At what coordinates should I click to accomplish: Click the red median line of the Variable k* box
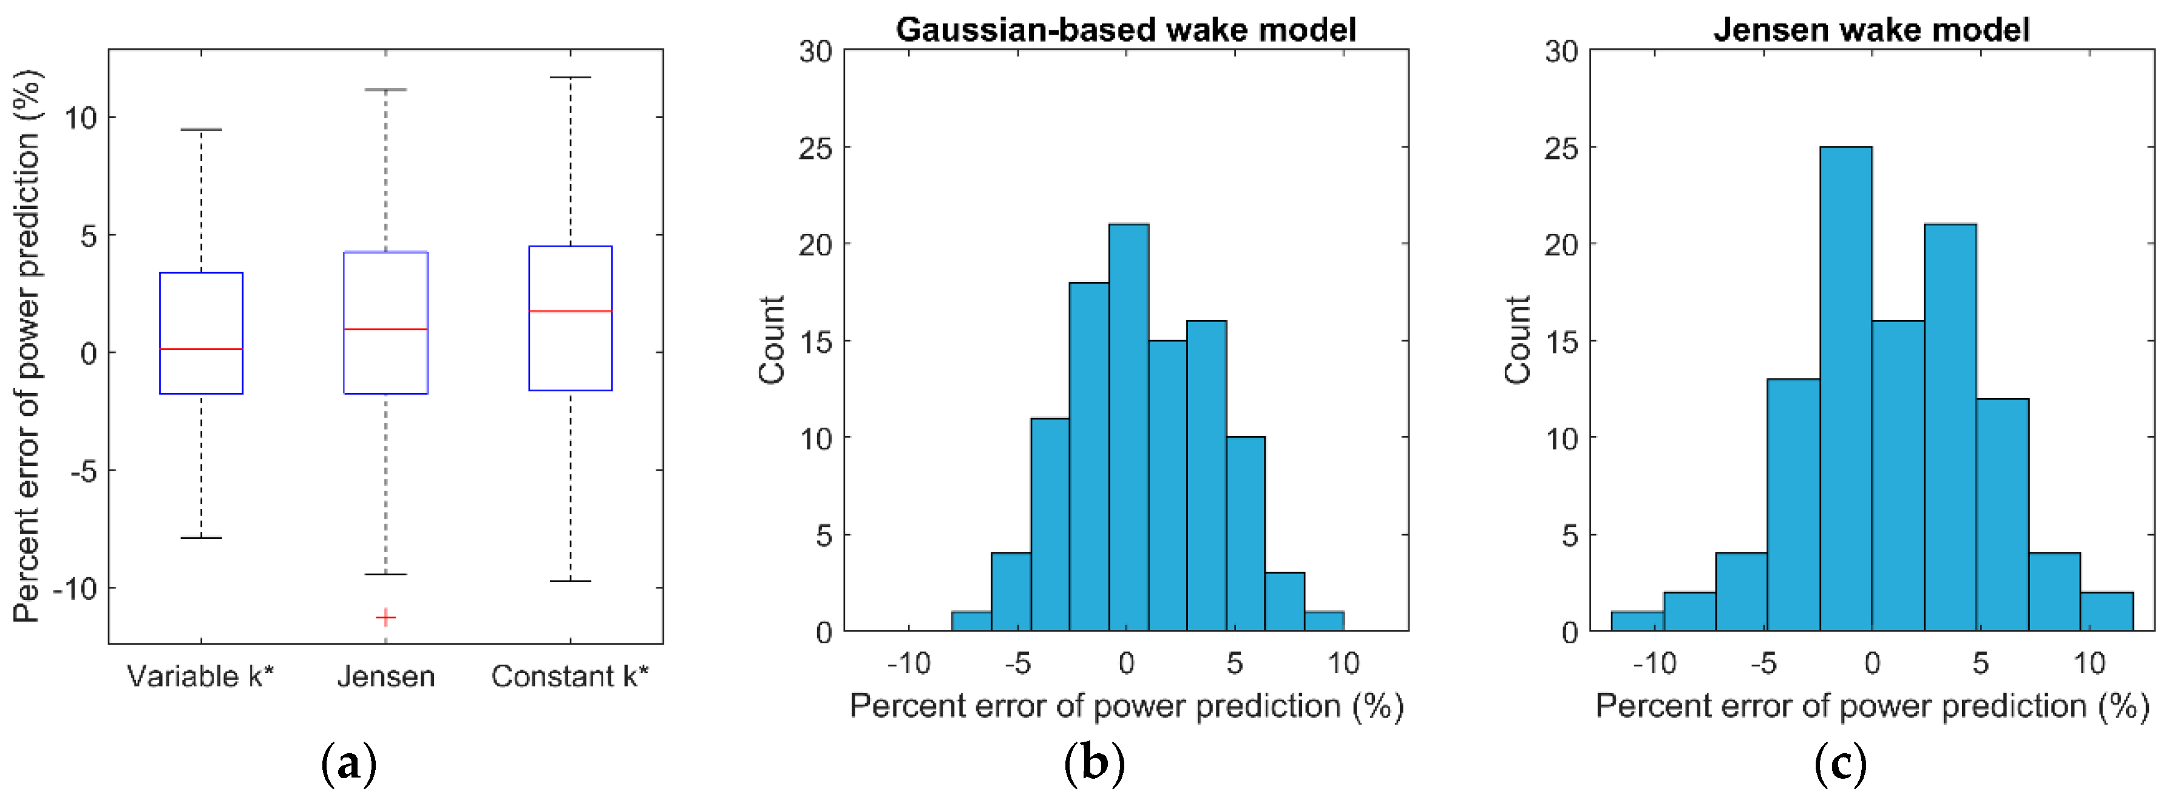click(202, 349)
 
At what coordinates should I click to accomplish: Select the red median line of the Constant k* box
click(570, 312)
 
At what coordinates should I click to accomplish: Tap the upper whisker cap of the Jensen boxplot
click(385, 89)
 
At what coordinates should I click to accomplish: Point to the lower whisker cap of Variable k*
click(202, 537)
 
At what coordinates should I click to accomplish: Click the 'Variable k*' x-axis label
click(200, 676)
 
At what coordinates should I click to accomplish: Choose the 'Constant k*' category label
click(570, 676)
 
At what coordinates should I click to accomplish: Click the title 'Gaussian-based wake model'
click(1125, 30)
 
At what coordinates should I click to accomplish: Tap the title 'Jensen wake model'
click(1871, 30)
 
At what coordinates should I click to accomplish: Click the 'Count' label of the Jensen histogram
click(1517, 340)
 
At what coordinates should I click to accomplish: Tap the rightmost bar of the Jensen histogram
click(2106, 612)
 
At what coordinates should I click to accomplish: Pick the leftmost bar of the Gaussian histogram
click(971, 621)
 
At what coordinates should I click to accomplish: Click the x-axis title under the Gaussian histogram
click(1125, 706)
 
